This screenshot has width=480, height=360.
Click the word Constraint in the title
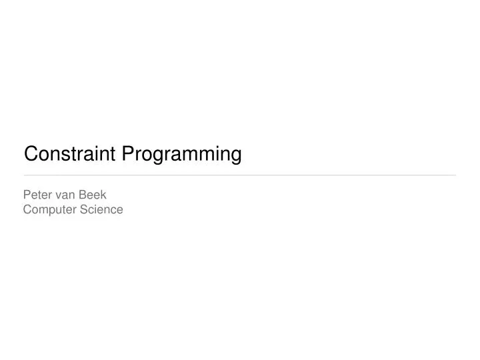pos(71,155)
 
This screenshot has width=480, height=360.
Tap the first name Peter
pos(38,195)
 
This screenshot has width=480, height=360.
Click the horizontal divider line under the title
pos(240,175)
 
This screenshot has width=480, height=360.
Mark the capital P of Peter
pos(27,195)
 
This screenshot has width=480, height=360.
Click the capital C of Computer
pos(27,209)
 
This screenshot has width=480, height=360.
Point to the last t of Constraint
pos(115,155)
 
